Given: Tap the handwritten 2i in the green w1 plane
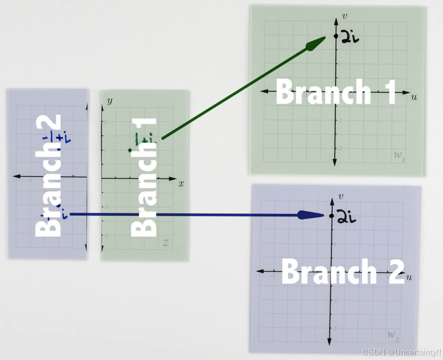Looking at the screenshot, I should [x=349, y=37].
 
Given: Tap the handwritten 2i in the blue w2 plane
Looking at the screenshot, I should [x=346, y=218].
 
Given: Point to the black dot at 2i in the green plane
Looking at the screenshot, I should [x=336, y=36].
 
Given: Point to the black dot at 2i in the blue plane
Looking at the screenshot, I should [x=332, y=216].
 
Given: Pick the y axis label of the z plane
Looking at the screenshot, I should [x=109, y=101].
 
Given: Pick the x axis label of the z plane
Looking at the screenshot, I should [x=181, y=183].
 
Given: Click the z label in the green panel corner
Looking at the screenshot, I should [x=166, y=243].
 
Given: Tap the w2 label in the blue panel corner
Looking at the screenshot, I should [x=392, y=335].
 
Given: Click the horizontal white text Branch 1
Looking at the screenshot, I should [x=336, y=92].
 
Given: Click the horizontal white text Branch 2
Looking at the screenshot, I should [x=342, y=271].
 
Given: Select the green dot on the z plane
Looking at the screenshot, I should [x=130, y=150].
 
